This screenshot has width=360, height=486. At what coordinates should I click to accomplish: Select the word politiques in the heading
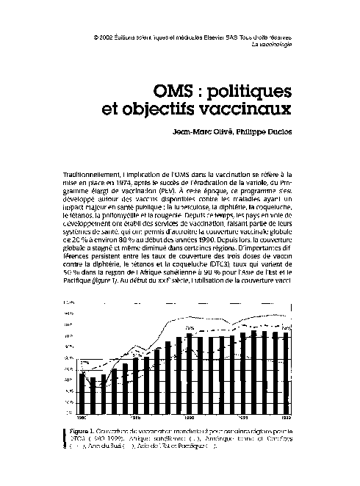coord(250,92)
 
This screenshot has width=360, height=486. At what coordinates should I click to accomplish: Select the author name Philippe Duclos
coord(262,132)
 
